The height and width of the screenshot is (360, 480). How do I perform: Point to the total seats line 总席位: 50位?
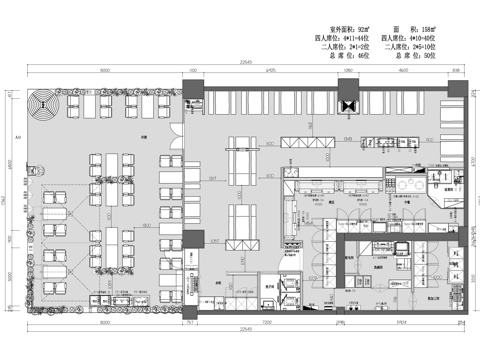pyautogui.click(x=424, y=55)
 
